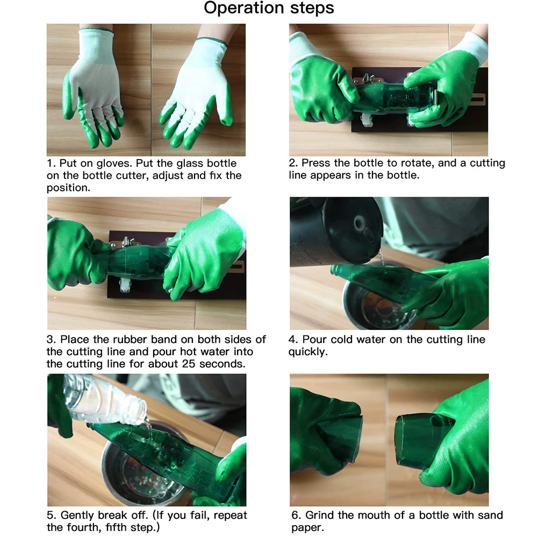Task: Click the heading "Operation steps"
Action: coord(269,8)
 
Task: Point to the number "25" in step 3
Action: coord(189,364)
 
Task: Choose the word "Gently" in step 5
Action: coord(77,516)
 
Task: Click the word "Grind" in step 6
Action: coord(320,515)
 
